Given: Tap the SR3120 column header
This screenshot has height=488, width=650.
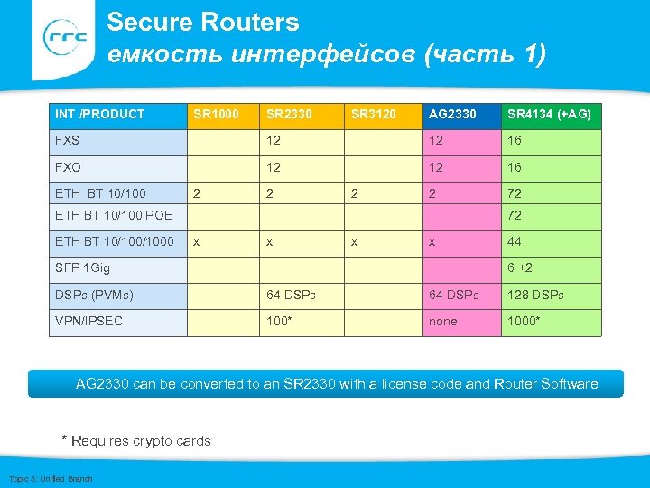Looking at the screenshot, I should coord(373,114).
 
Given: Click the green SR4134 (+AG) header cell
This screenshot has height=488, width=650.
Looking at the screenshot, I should coord(551,114).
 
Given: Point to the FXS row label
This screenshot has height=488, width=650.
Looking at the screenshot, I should coord(68,141).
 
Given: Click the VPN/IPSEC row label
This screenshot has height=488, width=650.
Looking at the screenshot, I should coord(89,321).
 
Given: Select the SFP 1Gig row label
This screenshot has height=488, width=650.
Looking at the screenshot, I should coord(82,268).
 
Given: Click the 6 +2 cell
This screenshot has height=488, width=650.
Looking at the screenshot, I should coord(520,268).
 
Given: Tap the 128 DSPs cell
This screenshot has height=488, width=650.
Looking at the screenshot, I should coord(535,295).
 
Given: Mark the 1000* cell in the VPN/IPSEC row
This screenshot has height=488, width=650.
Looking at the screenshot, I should coord(525,321).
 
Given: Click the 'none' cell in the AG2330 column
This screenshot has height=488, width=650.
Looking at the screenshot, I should coord(443,321).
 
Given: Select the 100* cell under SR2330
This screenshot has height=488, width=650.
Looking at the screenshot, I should coord(279,321).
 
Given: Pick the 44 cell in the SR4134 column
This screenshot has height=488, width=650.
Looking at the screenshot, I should coord(515,241).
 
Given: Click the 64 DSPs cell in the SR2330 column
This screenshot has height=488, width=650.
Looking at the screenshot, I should coord(291,295).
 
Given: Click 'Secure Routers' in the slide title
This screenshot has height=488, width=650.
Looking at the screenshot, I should coord(203,23).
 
